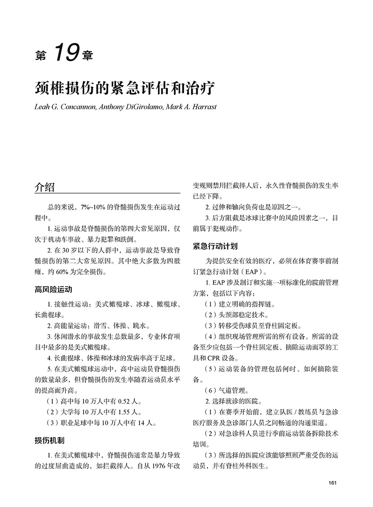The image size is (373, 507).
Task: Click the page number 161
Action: point(332,483)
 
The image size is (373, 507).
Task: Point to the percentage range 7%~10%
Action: point(94,206)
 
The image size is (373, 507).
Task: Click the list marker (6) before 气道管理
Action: point(212,391)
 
